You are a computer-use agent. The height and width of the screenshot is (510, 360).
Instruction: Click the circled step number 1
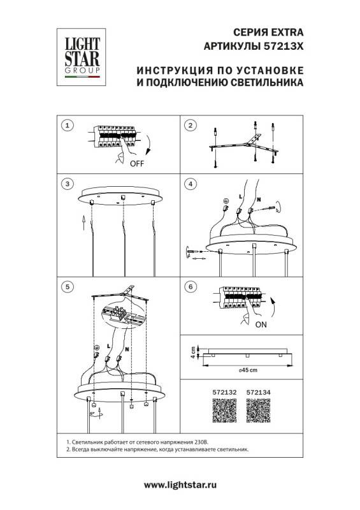(x=69, y=126)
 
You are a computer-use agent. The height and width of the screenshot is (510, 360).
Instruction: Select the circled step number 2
(x=189, y=126)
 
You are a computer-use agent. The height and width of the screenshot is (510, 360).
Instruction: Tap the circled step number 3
(x=69, y=184)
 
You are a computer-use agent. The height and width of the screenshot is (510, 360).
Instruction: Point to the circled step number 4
(x=189, y=184)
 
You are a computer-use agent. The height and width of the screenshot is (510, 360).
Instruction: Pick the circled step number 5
(x=69, y=287)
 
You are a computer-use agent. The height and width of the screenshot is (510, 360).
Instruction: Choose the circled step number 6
(x=189, y=287)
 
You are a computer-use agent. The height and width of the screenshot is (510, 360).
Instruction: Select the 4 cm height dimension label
(x=191, y=353)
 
